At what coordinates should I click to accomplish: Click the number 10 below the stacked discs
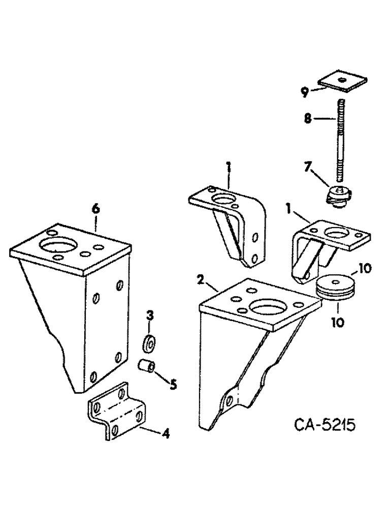337,322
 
